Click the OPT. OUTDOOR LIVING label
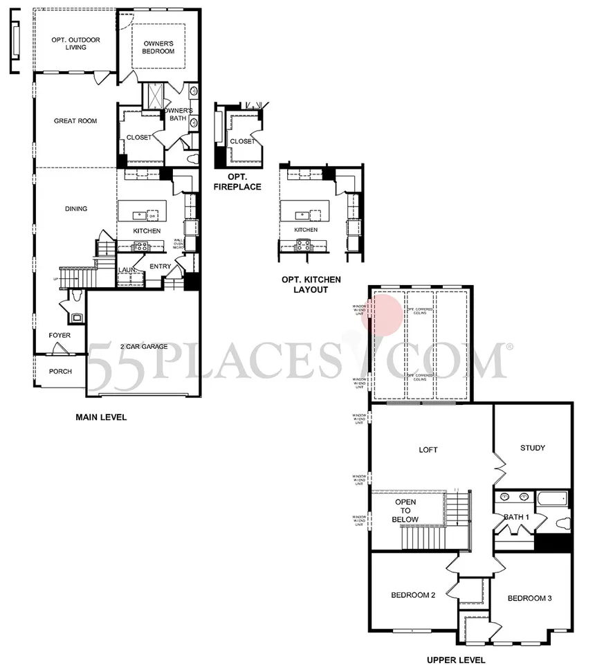75,44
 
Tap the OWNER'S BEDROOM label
159,46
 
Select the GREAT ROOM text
75,121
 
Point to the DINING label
75,209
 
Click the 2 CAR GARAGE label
144,346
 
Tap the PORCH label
60,372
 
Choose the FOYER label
59,336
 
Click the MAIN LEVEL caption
101,418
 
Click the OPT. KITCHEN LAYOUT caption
309,284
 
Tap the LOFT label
428,449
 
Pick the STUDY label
533,448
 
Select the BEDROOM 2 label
412,595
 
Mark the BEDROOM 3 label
529,599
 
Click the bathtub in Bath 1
553,498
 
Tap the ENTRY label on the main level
160,266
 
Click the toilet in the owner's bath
192,158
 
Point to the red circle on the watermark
385,311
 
